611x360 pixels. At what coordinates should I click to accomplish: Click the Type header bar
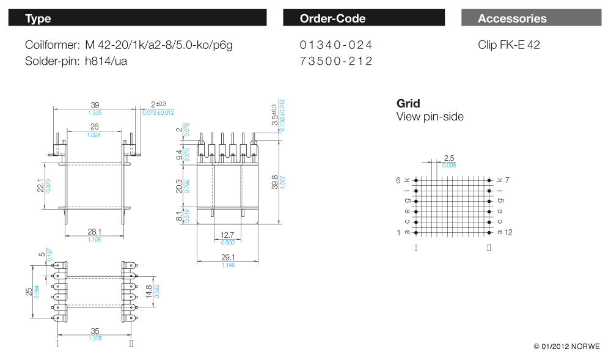(x=137, y=18)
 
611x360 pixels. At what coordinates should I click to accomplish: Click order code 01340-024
(x=336, y=45)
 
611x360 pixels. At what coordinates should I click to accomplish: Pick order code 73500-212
(x=336, y=61)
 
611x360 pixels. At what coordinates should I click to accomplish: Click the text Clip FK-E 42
(x=509, y=45)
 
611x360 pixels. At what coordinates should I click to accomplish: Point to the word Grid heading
(x=408, y=103)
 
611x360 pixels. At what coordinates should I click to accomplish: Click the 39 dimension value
(x=95, y=105)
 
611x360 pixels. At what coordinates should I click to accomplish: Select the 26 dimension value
(x=94, y=127)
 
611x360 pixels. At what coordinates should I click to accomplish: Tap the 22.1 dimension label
(x=40, y=185)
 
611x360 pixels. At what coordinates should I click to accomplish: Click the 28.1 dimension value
(x=94, y=232)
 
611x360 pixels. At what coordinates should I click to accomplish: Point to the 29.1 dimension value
(x=229, y=257)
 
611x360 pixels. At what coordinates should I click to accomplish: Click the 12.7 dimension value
(x=228, y=235)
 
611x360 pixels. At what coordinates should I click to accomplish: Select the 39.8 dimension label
(x=275, y=182)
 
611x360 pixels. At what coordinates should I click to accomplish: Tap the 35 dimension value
(x=95, y=331)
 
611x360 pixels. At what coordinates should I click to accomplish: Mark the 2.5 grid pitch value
(x=449, y=158)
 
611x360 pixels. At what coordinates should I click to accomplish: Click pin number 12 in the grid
(x=509, y=233)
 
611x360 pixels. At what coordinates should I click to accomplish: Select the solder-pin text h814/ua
(x=106, y=61)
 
